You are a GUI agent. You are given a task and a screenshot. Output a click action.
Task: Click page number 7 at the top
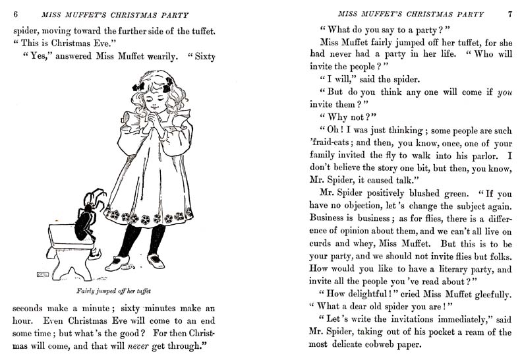click(509, 14)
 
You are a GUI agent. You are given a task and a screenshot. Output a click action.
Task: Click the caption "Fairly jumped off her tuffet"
click(109, 290)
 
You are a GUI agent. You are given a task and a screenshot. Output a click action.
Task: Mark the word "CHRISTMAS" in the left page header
click(129, 14)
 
